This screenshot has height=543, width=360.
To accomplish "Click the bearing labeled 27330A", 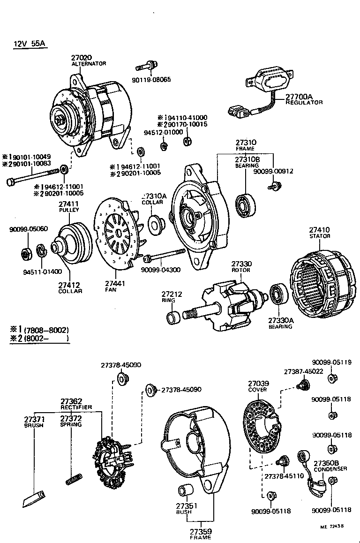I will (280, 297).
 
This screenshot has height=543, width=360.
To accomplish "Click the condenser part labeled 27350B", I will (313, 476).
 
